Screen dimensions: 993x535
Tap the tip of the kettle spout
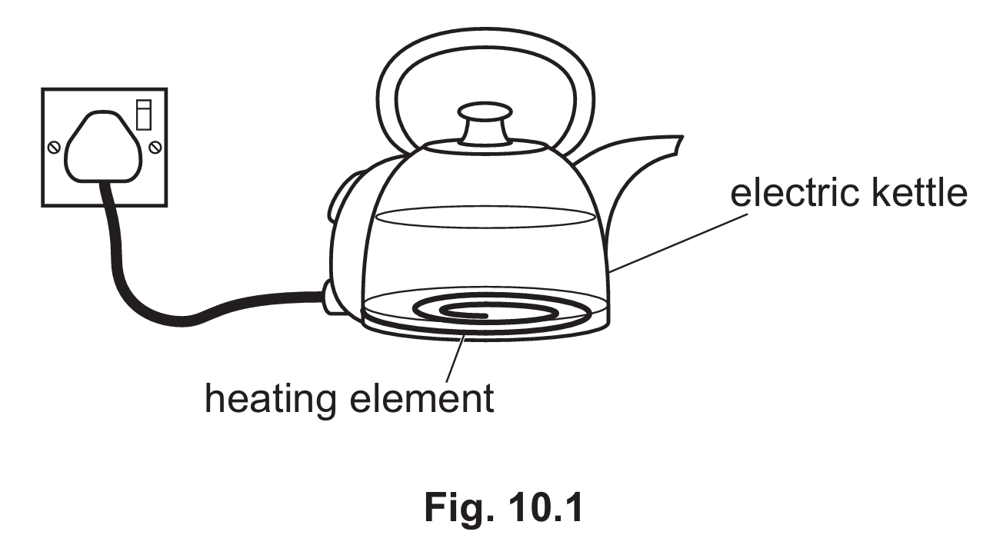tap(681, 137)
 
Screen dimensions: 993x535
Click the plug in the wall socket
tap(103, 146)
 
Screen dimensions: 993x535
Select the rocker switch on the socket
tap(144, 115)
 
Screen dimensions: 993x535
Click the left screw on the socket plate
tap(54, 147)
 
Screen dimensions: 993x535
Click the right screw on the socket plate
tap(155, 147)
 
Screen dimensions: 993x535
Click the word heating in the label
tap(270, 399)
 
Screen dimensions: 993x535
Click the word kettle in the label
tap(918, 193)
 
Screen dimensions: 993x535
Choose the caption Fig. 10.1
tap(503, 507)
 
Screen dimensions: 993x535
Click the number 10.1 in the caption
tap(545, 507)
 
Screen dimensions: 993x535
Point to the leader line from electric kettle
tap(678, 243)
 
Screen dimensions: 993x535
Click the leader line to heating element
tap(455, 358)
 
